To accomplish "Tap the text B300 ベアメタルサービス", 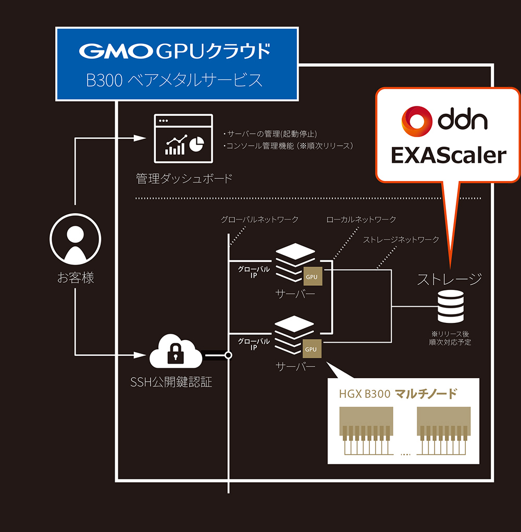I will pos(174,80).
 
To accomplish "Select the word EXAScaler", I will pos(449,155).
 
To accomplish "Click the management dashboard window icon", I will pos(183,138).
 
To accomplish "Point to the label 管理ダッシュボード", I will pos(184,179).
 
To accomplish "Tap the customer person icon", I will pos(75,240).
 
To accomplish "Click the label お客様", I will pos(75,278).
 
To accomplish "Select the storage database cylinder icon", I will pos(450,307).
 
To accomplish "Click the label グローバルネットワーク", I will pos(259,220).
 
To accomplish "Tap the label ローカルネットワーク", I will pos(361,220).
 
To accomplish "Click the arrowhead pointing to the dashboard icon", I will pos(139,138).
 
